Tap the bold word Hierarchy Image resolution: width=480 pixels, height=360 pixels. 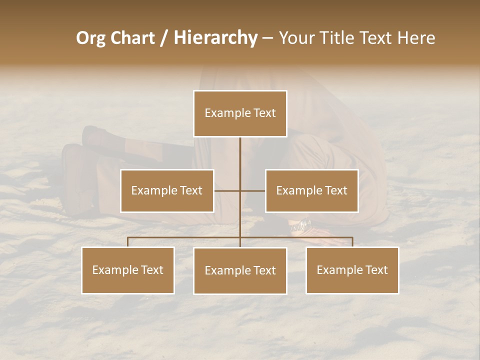click(x=215, y=38)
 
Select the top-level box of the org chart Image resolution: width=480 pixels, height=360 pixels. click(x=240, y=113)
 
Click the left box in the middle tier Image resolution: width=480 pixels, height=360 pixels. click(x=167, y=190)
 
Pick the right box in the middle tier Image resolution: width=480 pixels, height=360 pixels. click(x=311, y=190)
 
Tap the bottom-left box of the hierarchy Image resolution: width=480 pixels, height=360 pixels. click(x=128, y=270)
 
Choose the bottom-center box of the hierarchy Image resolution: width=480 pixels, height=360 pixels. click(x=240, y=270)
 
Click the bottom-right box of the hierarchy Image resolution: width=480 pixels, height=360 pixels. click(x=352, y=270)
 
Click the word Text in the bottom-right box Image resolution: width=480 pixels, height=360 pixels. click(x=376, y=270)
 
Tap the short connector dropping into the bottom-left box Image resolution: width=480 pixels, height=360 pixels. click(x=128, y=242)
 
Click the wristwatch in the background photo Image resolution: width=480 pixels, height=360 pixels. click(x=300, y=226)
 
